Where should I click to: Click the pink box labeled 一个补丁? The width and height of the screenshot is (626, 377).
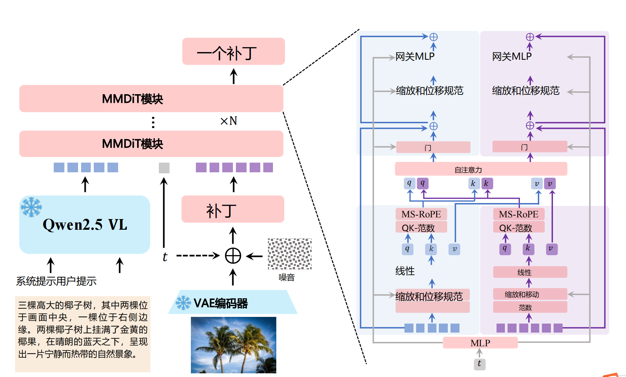click(x=233, y=51)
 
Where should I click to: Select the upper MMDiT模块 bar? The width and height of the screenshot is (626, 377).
click(x=151, y=99)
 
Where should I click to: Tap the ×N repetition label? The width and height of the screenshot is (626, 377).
click(x=229, y=121)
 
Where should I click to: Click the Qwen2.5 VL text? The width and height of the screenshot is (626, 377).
click(x=85, y=224)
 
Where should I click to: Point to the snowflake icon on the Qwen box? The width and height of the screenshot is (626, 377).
click(x=31, y=207)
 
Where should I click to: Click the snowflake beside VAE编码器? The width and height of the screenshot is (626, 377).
click(x=183, y=303)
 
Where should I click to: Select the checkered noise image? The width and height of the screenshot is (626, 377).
click(x=290, y=254)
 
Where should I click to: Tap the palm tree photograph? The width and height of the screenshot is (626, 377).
click(x=233, y=345)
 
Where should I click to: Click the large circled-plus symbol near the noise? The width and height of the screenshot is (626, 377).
click(x=233, y=256)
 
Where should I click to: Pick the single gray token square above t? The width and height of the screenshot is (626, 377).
click(x=164, y=168)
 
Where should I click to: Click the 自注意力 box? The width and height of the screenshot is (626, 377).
click(x=481, y=169)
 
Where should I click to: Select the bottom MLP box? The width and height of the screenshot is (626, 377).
click(x=480, y=343)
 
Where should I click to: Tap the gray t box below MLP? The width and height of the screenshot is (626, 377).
click(x=480, y=364)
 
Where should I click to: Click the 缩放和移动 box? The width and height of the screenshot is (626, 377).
click(x=530, y=294)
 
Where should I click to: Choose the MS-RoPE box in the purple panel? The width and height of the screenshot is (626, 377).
click(x=519, y=214)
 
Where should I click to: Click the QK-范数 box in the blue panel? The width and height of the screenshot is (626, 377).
click(x=421, y=228)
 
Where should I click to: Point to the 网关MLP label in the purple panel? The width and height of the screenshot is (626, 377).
click(x=512, y=56)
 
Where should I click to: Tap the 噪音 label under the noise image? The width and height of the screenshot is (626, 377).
click(x=287, y=277)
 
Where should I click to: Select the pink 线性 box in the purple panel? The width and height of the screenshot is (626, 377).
click(x=530, y=272)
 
